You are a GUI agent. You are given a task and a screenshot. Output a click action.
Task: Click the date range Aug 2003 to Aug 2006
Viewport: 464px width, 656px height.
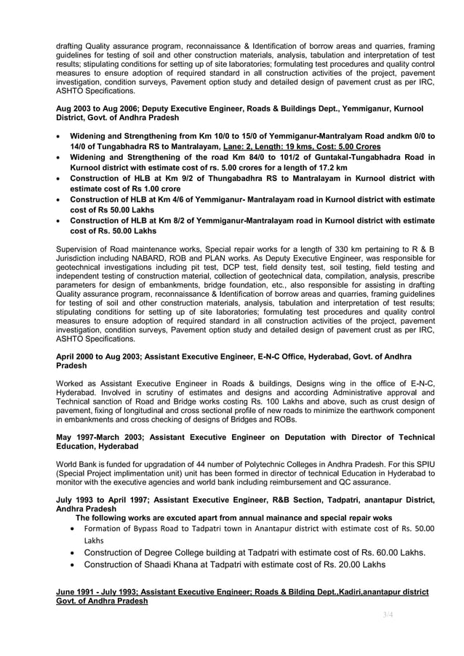tap(92, 108)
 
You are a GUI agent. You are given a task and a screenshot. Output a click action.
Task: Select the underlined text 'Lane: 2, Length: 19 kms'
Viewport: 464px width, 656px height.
tap(268, 146)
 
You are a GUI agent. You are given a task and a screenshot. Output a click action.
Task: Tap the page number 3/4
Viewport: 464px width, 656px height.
tap(388, 615)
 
